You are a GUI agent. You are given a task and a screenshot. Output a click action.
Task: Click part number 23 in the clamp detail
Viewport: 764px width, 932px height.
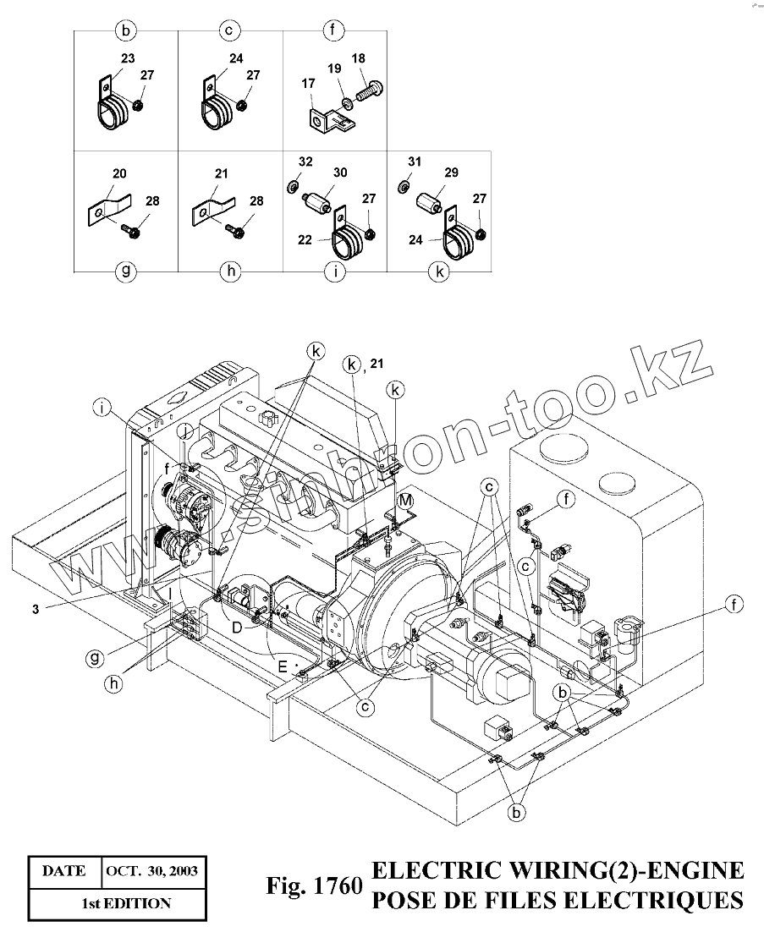[127, 59]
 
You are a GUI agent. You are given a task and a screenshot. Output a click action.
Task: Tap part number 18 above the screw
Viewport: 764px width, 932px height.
[358, 58]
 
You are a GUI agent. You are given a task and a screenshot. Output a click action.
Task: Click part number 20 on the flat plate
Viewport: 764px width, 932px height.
[119, 173]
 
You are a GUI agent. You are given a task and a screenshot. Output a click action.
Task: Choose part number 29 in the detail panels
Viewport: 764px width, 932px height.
[452, 173]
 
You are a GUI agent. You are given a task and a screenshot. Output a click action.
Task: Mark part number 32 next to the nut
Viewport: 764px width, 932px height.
[305, 160]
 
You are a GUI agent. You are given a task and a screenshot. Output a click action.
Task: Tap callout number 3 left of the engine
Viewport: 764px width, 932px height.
[36, 607]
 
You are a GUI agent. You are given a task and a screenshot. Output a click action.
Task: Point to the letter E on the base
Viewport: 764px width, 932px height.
[284, 666]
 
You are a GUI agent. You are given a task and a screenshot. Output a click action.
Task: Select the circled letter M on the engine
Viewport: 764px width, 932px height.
[405, 501]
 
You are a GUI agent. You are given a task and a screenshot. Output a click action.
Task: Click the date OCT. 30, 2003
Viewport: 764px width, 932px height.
[152, 871]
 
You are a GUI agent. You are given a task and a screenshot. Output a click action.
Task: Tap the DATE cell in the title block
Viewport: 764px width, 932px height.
[64, 871]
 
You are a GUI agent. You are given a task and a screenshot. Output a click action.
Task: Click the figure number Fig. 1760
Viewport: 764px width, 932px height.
[314, 887]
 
